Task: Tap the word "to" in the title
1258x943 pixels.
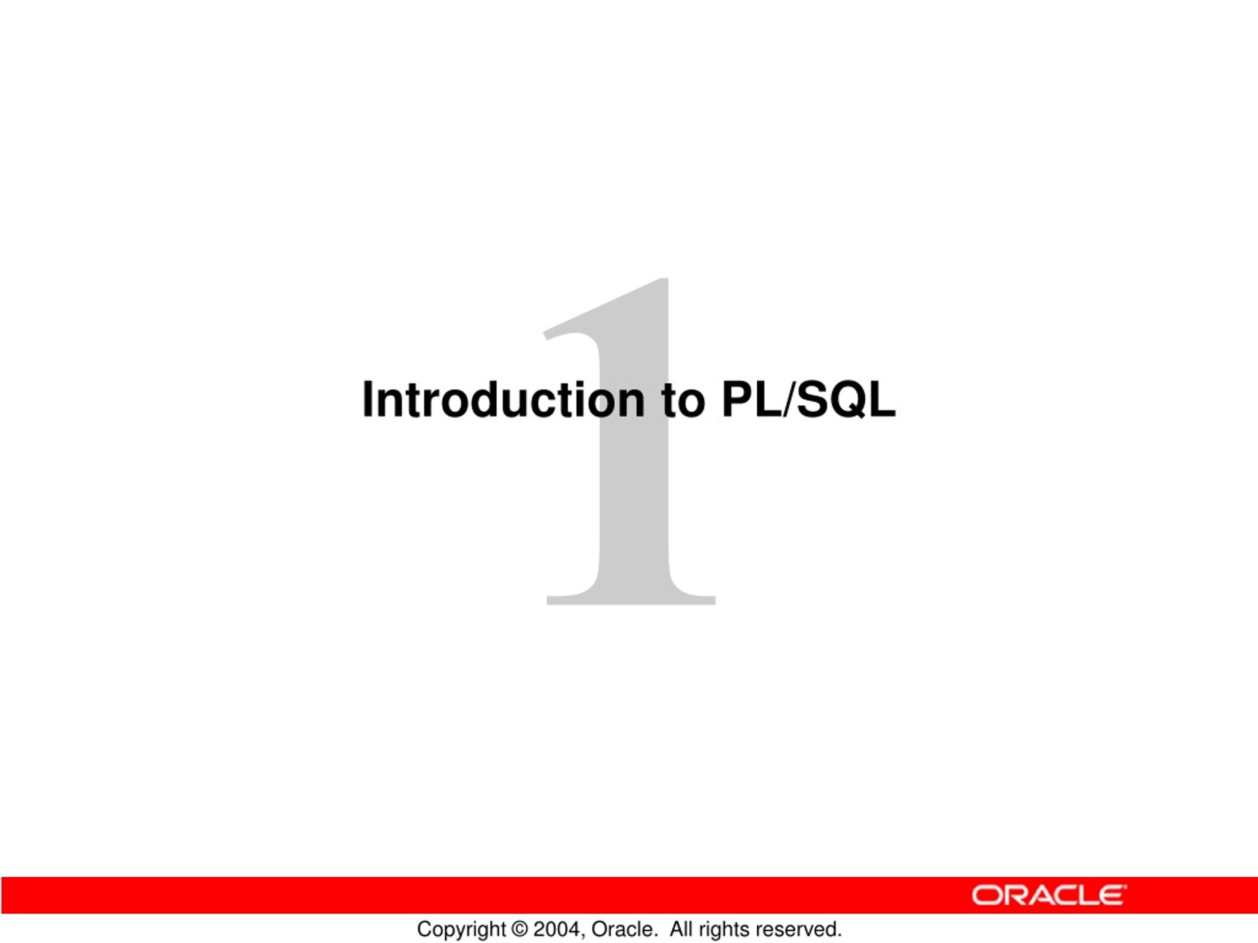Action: [x=684, y=401]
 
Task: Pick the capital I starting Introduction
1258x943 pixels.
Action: [x=369, y=400]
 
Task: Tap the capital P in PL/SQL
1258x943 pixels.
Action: [x=738, y=400]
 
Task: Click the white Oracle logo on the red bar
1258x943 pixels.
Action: [x=1049, y=895]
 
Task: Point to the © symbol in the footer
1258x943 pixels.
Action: [x=520, y=929]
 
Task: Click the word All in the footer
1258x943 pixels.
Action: [x=682, y=929]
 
